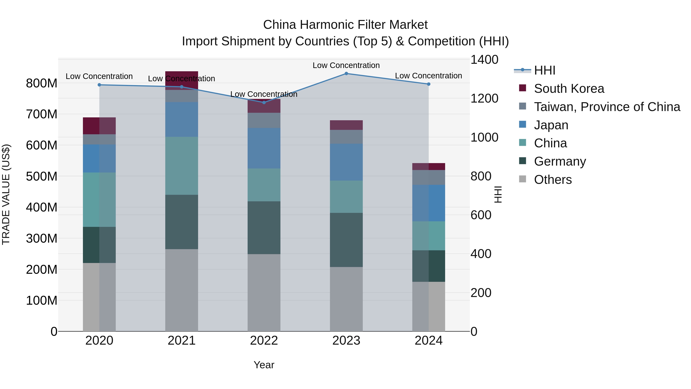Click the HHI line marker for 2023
[x=346, y=73]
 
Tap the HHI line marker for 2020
[x=99, y=85]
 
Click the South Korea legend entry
[x=569, y=88]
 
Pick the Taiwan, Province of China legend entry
[x=607, y=107]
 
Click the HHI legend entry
[x=544, y=70]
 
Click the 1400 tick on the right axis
[x=484, y=60]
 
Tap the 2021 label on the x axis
[x=182, y=340]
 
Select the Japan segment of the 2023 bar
[x=346, y=162]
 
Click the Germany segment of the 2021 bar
[x=182, y=222]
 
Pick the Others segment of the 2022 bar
[x=264, y=292]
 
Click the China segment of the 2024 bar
[x=428, y=236]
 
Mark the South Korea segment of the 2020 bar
[x=99, y=126]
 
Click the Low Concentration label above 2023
[x=346, y=65]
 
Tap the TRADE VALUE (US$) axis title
[x=6, y=194]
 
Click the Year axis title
[x=264, y=365]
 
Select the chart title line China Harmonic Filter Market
[x=345, y=25]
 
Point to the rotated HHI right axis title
[x=498, y=194]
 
